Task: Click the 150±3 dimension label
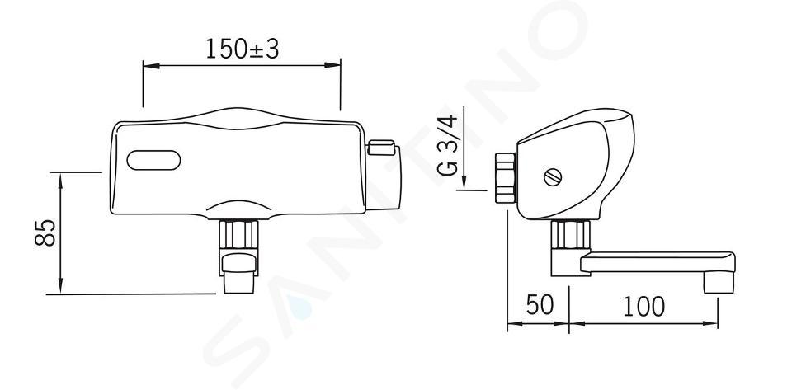point(243,49)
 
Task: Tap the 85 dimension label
point(45,233)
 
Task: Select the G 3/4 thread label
point(447,145)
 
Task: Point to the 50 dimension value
point(540,305)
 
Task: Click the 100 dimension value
point(643,306)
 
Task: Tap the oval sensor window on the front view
point(153,160)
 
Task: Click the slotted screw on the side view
point(553,176)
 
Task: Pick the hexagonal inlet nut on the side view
point(506,178)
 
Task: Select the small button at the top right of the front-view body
point(381,148)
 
